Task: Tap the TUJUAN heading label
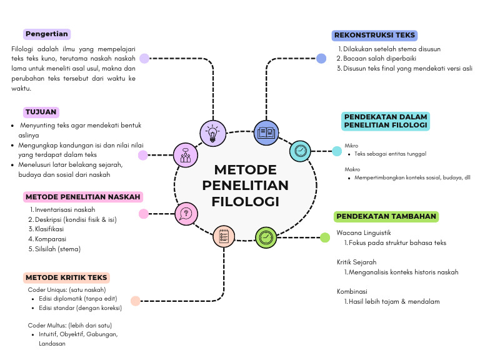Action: pos(41,112)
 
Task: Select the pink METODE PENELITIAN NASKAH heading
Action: pos(83,197)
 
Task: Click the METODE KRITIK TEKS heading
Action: pos(67,277)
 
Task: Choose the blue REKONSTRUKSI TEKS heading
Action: pos(374,35)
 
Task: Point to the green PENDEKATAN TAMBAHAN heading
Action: pos(386,216)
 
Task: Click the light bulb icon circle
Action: pos(212,132)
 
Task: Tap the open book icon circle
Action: pos(266,132)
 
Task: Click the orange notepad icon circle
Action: pos(224,236)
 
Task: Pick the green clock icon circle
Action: pos(266,237)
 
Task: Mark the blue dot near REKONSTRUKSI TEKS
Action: pos(321,58)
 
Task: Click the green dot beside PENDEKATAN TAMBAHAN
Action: pos(325,237)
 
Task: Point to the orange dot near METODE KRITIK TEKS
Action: pos(136,301)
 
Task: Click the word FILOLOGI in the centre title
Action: pos(245,201)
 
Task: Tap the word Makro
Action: pos(352,169)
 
